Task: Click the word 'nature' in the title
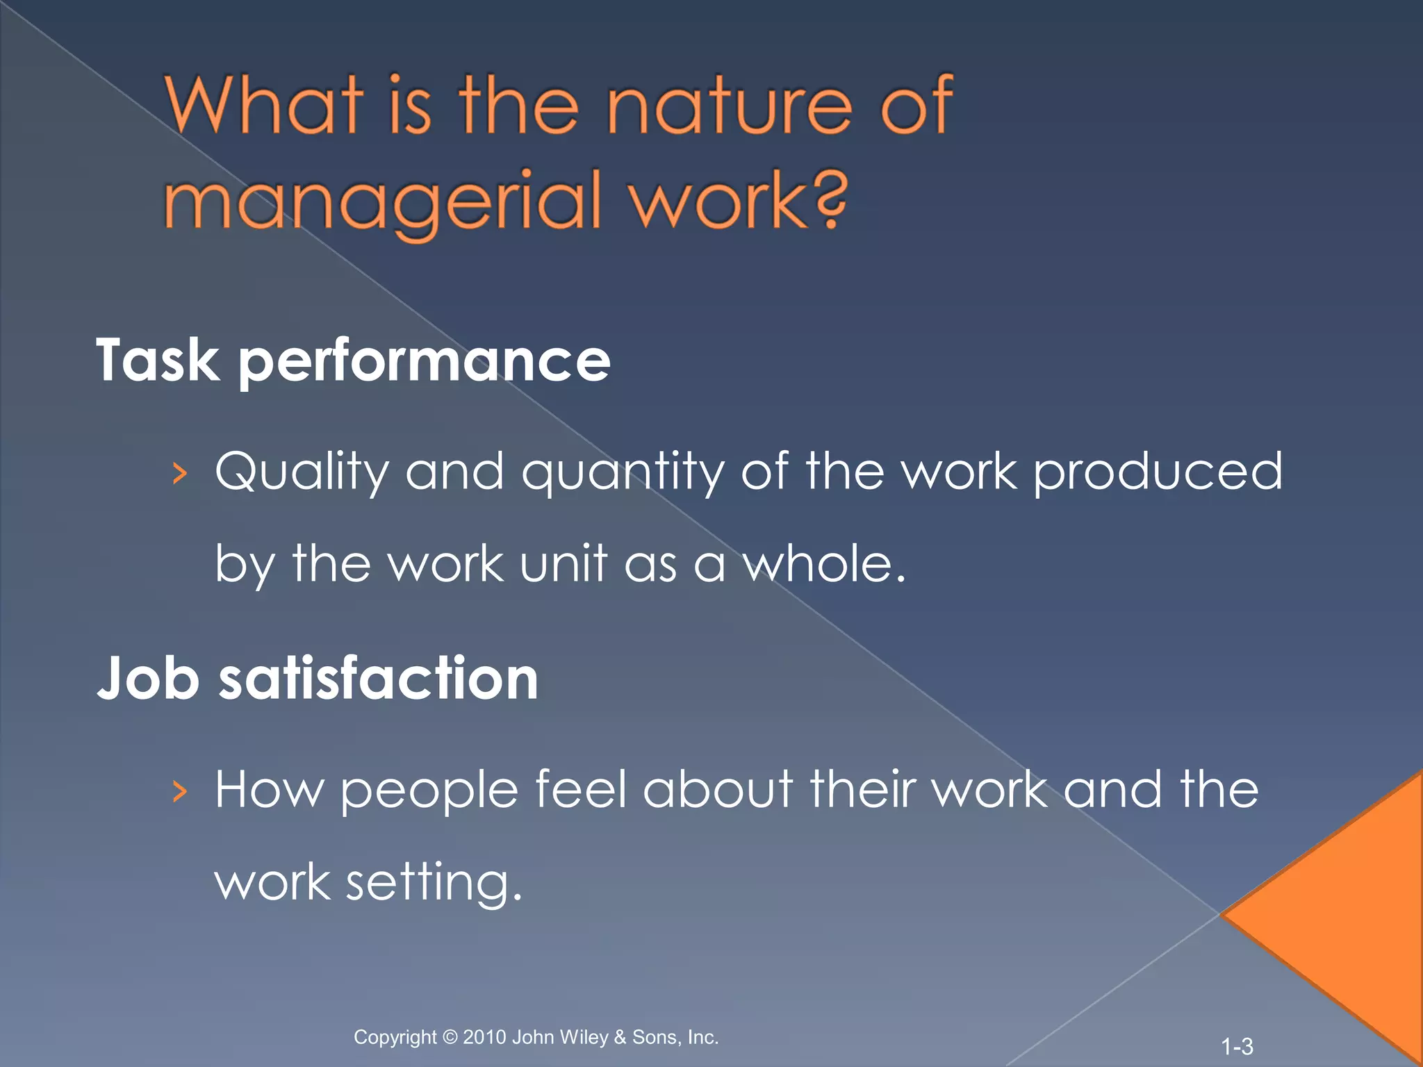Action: tap(729, 108)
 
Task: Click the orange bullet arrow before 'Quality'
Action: tap(180, 474)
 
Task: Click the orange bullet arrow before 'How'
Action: tap(180, 791)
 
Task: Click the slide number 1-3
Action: tap(1237, 1046)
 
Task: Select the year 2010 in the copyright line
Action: tap(484, 1037)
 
